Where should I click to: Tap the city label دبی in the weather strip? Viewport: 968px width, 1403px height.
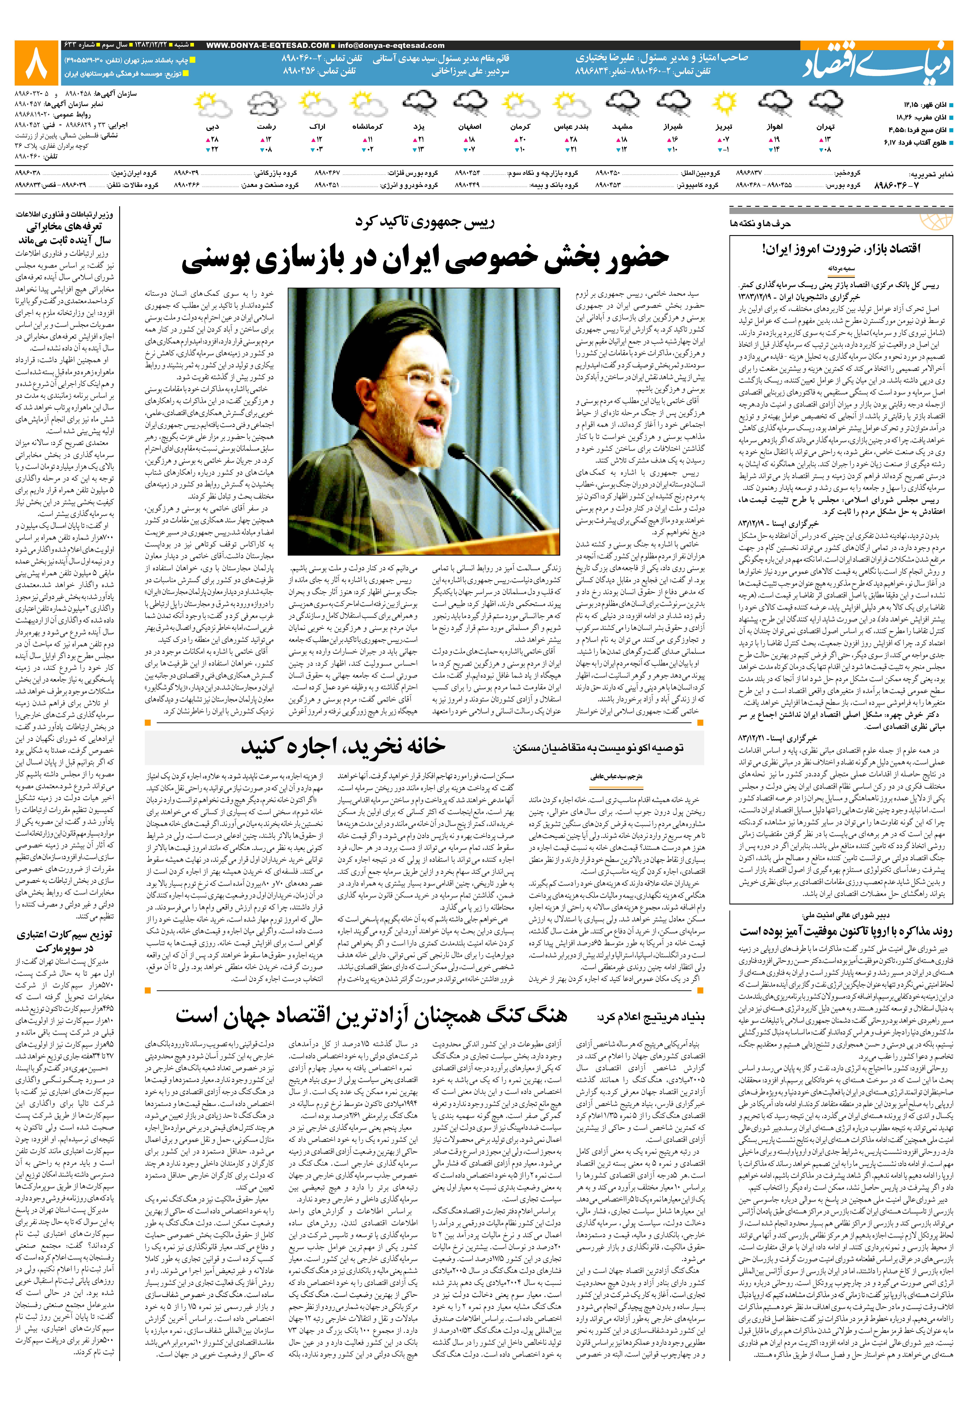[212, 127]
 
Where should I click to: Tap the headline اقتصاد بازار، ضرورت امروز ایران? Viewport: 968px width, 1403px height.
[841, 249]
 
